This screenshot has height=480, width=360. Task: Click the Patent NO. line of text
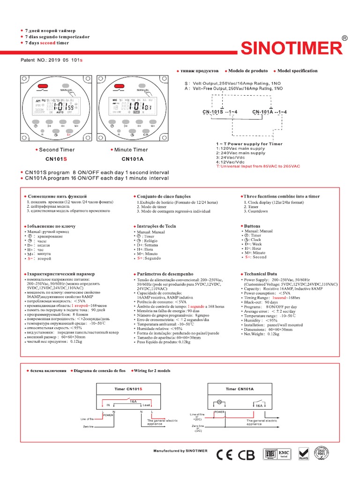(52, 60)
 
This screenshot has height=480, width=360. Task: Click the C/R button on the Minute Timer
(146, 134)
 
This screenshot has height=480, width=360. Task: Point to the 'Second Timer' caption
(57, 150)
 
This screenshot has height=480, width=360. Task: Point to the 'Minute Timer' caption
(131, 150)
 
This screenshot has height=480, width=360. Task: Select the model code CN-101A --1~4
(270, 112)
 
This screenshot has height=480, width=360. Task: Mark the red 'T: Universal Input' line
(257, 166)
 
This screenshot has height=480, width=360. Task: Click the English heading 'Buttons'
(252, 226)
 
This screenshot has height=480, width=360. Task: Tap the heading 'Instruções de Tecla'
(156, 226)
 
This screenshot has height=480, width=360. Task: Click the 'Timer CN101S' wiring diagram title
(128, 389)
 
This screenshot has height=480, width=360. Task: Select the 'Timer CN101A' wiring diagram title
(240, 389)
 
